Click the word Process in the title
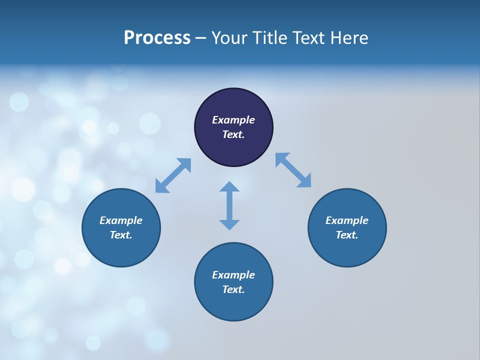(x=157, y=38)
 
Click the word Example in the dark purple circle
(x=233, y=120)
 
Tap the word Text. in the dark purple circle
(x=233, y=134)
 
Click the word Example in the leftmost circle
(x=121, y=220)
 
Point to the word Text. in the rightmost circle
(x=347, y=235)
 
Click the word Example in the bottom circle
(x=233, y=275)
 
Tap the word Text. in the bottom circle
(x=233, y=289)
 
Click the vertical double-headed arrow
(x=229, y=205)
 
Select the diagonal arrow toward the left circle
(x=173, y=175)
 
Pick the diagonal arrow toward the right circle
(x=293, y=170)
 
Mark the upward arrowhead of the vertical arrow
(x=229, y=187)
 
